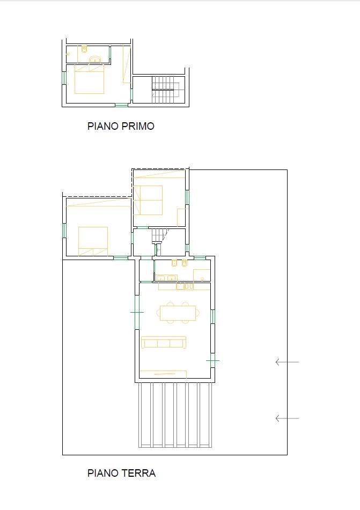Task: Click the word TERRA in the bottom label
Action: (x=138, y=474)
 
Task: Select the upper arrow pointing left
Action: (x=287, y=363)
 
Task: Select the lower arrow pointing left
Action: (x=287, y=418)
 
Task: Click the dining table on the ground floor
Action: (x=178, y=312)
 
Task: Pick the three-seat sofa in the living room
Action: (x=164, y=342)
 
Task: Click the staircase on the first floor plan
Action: (x=165, y=90)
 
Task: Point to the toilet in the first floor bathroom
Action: (x=84, y=50)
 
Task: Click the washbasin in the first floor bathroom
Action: (x=95, y=59)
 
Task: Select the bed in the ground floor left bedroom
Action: (x=93, y=241)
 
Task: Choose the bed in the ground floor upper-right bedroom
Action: (x=148, y=200)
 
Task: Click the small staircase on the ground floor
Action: (x=159, y=235)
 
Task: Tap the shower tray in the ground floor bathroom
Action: (x=202, y=275)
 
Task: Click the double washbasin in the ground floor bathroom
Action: (x=166, y=278)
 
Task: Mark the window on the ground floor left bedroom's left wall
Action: (x=64, y=231)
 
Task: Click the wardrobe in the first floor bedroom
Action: (x=127, y=64)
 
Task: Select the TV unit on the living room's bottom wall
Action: (x=163, y=373)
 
